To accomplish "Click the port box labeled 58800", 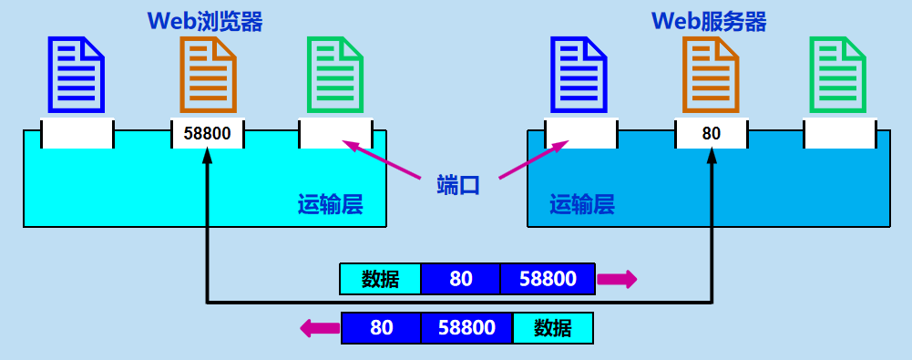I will point(209,134).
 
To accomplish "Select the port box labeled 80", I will point(712,134).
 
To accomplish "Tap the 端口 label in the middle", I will point(458,186).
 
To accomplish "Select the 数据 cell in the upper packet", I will point(380,279).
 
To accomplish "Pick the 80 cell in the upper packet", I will point(461,279).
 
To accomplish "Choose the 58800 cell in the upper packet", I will point(548,279).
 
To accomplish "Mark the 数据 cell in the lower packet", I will point(553,328).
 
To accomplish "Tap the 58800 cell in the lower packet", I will point(466,328).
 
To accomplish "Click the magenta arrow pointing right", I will point(617,279).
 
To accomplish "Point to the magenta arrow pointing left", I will point(319,327).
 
